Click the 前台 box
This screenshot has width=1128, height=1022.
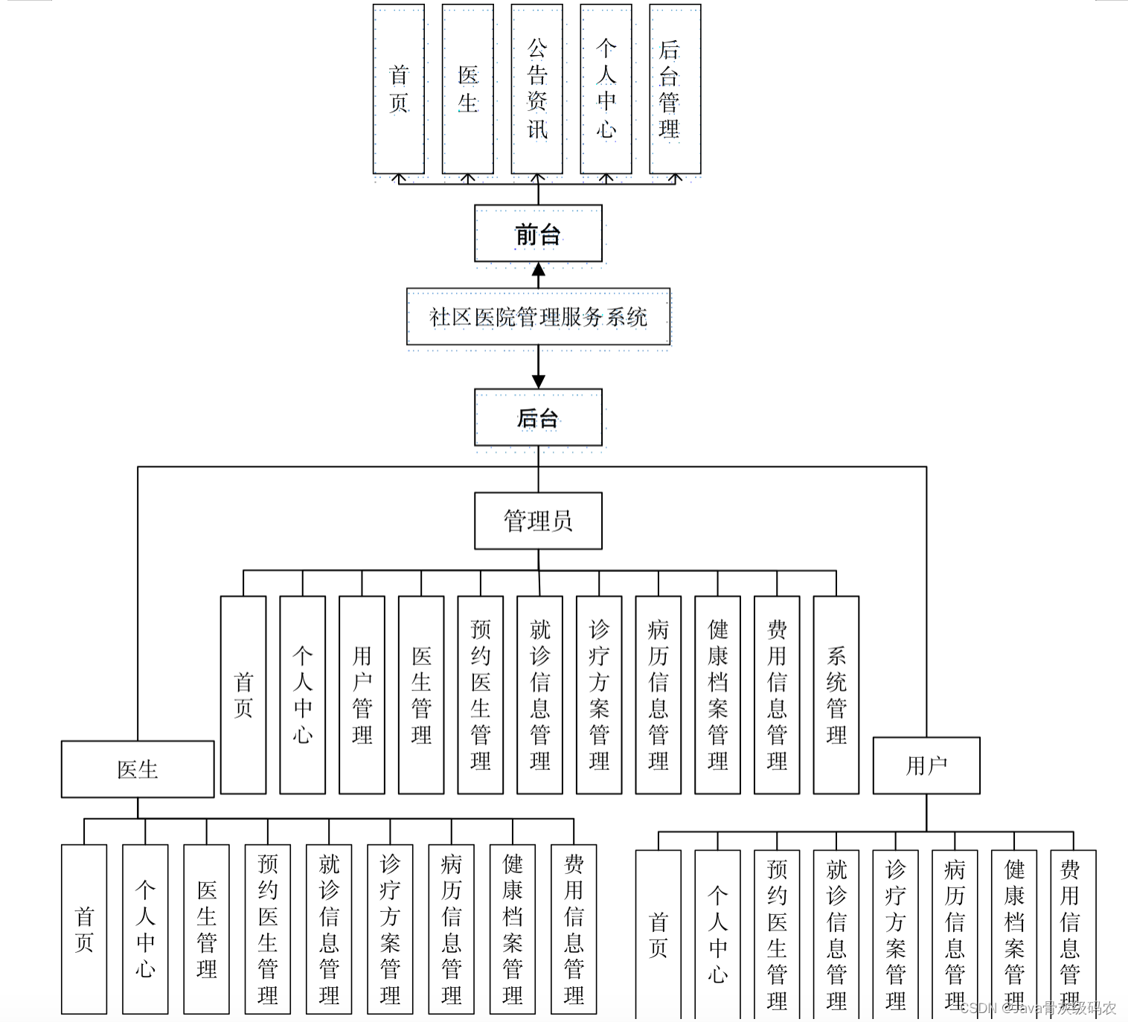[538, 234]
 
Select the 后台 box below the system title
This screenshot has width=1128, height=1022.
[538, 417]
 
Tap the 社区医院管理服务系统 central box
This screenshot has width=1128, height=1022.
[538, 318]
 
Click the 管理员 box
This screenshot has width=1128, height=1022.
[538, 521]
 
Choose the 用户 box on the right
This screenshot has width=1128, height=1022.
[926, 765]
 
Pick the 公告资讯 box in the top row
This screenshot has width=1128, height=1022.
[536, 89]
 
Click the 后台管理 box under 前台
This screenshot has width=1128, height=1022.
[674, 89]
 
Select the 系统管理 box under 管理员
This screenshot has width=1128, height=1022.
[836, 695]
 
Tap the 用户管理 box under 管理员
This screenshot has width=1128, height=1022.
[362, 695]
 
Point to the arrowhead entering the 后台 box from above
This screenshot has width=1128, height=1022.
[539, 382]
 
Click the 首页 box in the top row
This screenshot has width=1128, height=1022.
[399, 89]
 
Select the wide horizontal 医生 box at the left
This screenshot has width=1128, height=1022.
[138, 769]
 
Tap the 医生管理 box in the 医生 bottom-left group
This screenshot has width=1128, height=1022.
[206, 929]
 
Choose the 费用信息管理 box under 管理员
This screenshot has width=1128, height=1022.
[777, 695]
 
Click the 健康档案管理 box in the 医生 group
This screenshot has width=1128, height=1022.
[512, 929]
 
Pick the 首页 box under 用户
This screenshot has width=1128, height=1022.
[658, 934]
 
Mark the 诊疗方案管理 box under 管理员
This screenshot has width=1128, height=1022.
[599, 695]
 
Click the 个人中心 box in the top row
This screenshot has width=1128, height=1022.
[606, 89]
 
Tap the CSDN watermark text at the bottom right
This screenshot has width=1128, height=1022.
[1038, 1008]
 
